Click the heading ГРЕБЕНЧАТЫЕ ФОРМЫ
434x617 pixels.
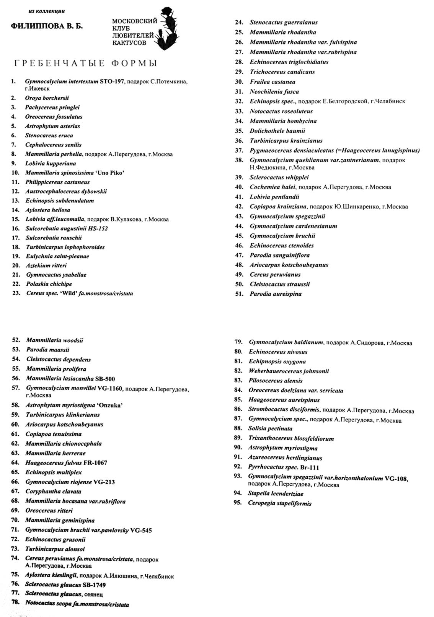(86, 63)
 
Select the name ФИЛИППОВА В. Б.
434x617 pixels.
(47, 26)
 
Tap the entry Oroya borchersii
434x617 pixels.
(47, 98)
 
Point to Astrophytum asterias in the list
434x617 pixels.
(52, 126)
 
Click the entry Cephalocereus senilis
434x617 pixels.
(53, 145)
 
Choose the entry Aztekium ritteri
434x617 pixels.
(46, 265)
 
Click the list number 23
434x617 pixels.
(16, 293)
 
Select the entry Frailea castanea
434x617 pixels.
(272, 81)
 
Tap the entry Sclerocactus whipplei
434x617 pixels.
(279, 177)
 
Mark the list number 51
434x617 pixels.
(239, 294)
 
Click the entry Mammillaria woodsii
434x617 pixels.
(54, 340)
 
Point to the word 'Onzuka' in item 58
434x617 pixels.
(110, 405)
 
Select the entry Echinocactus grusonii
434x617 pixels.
(55, 539)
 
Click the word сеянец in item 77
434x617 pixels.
(93, 594)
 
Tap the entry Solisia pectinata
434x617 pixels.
(270, 428)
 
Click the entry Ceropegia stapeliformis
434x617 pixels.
(279, 503)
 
